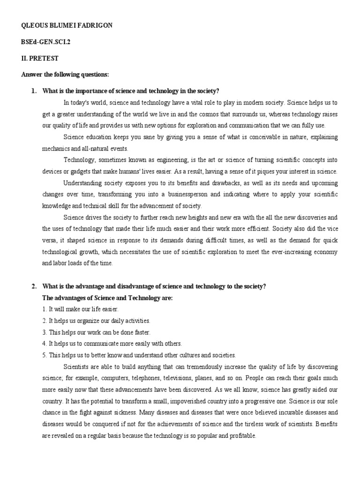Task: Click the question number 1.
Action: tap(34, 91)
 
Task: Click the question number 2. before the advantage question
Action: tap(34, 286)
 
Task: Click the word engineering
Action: tap(172, 160)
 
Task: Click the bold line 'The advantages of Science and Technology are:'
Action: tap(107, 298)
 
